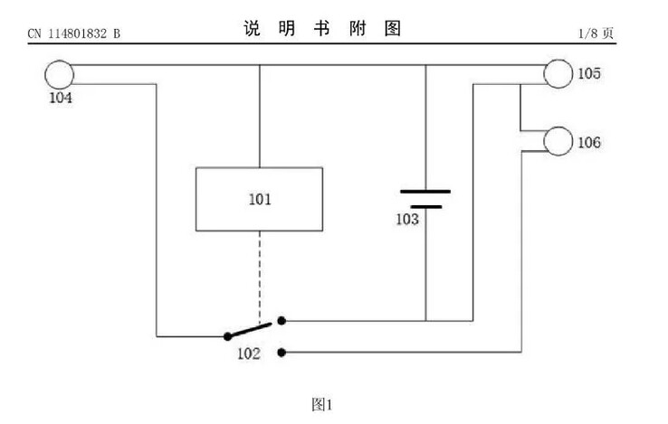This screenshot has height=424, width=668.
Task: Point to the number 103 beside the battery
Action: pyautogui.click(x=407, y=220)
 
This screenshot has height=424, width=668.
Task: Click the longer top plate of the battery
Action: pyautogui.click(x=425, y=192)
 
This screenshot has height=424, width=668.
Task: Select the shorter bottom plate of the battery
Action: pyautogui.click(x=426, y=207)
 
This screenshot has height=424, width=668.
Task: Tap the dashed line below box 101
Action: pyautogui.click(x=260, y=277)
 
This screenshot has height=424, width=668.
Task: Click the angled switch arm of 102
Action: pyautogui.click(x=250, y=330)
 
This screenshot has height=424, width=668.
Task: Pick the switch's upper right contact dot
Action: pyautogui.click(x=282, y=321)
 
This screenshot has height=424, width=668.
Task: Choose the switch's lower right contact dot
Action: pyautogui.click(x=282, y=353)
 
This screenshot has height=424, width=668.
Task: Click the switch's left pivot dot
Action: pyautogui.click(x=228, y=336)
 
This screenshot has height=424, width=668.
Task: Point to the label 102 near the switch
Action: pyautogui.click(x=249, y=353)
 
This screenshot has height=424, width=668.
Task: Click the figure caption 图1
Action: pyautogui.click(x=321, y=404)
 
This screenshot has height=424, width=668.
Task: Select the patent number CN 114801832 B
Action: pyautogui.click(x=74, y=33)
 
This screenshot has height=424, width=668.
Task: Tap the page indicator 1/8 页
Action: pyautogui.click(x=596, y=33)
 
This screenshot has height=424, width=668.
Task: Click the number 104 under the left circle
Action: pyautogui.click(x=61, y=98)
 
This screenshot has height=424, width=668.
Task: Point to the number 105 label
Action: pyautogui.click(x=589, y=73)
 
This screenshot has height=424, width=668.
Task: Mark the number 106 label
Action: pyautogui.click(x=589, y=142)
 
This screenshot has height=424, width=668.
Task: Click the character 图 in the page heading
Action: pyautogui.click(x=392, y=28)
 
